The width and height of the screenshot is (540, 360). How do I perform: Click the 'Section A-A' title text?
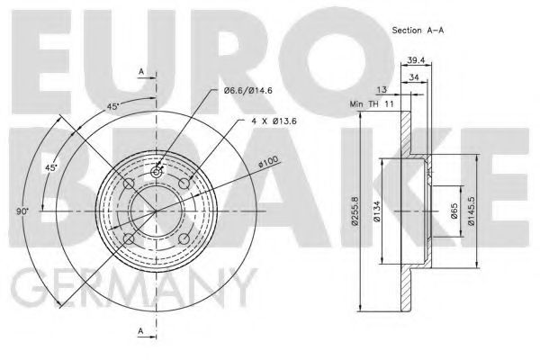[418, 31]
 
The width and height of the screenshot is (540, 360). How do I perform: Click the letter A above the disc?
[140, 70]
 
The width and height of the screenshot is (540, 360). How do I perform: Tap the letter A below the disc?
[140, 331]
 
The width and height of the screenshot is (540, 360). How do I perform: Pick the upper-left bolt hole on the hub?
[129, 184]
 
